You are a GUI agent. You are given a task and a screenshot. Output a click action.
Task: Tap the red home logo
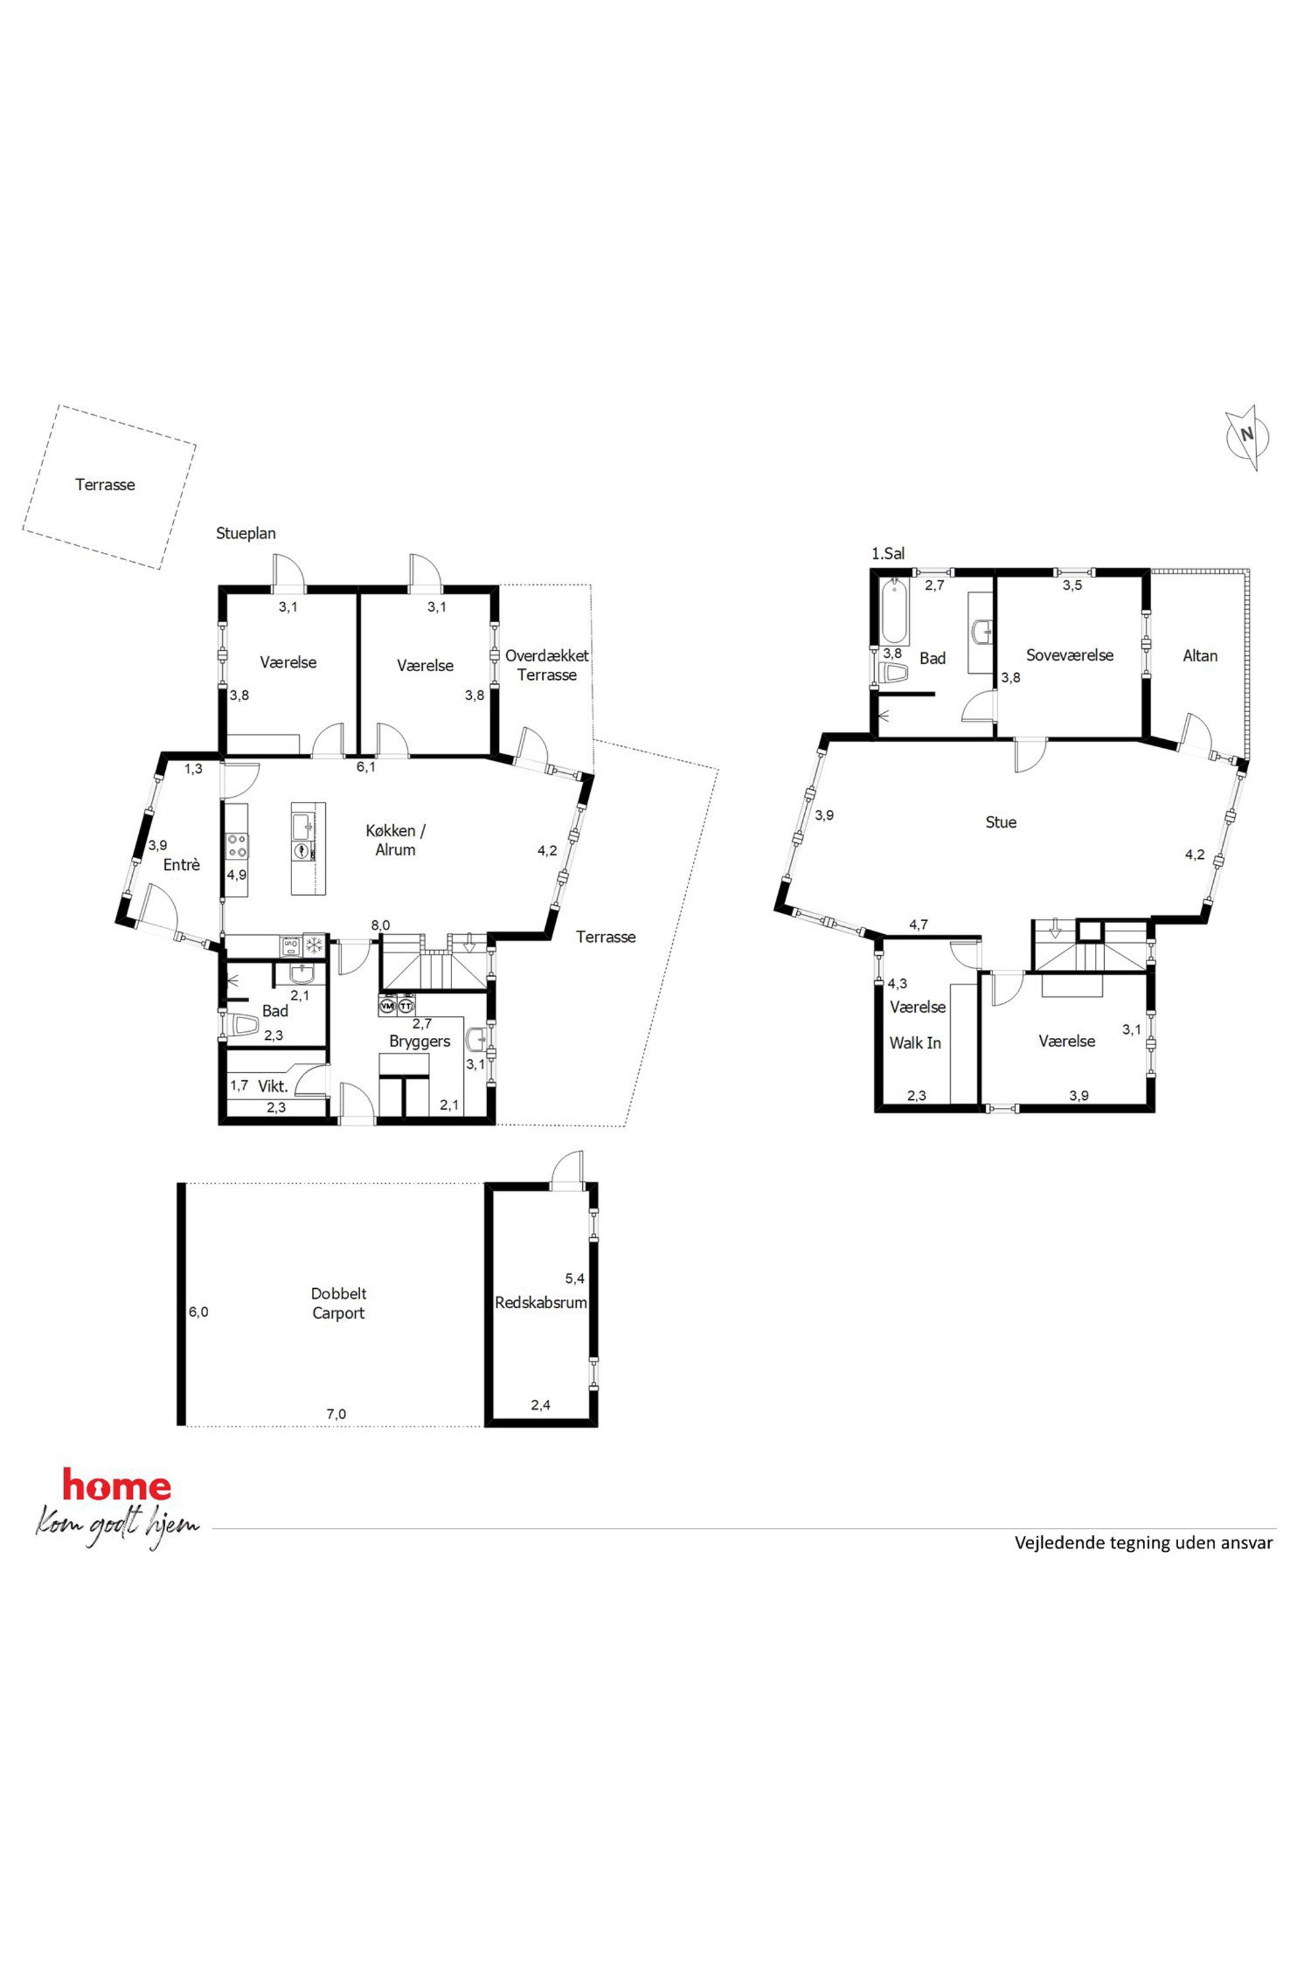[117, 1485]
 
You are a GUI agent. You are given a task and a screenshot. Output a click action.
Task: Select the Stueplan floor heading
[246, 533]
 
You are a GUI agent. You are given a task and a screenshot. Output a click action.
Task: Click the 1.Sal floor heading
[888, 554]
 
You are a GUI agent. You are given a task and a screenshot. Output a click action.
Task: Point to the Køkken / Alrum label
[395, 840]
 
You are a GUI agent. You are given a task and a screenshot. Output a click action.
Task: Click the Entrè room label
[182, 865]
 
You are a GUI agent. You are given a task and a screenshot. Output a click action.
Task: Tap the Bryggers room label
[420, 1042]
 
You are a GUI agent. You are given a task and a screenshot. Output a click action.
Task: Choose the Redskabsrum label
[541, 1302]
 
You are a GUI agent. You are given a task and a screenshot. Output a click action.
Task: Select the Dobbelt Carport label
[338, 1303]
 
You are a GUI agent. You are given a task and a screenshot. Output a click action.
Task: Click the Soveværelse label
[1070, 655]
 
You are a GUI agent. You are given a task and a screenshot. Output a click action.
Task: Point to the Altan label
[1200, 656]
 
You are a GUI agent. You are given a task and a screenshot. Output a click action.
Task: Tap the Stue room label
[1001, 822]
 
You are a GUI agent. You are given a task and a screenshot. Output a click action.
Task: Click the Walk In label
[916, 1043]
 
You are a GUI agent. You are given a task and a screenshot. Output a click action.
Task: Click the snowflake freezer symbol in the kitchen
[315, 945]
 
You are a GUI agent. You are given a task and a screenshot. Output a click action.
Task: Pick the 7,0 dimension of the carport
[336, 1414]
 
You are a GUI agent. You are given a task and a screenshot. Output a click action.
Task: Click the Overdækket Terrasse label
[547, 665]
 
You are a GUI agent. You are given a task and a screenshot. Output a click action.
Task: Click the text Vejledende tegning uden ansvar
[1144, 1542]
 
